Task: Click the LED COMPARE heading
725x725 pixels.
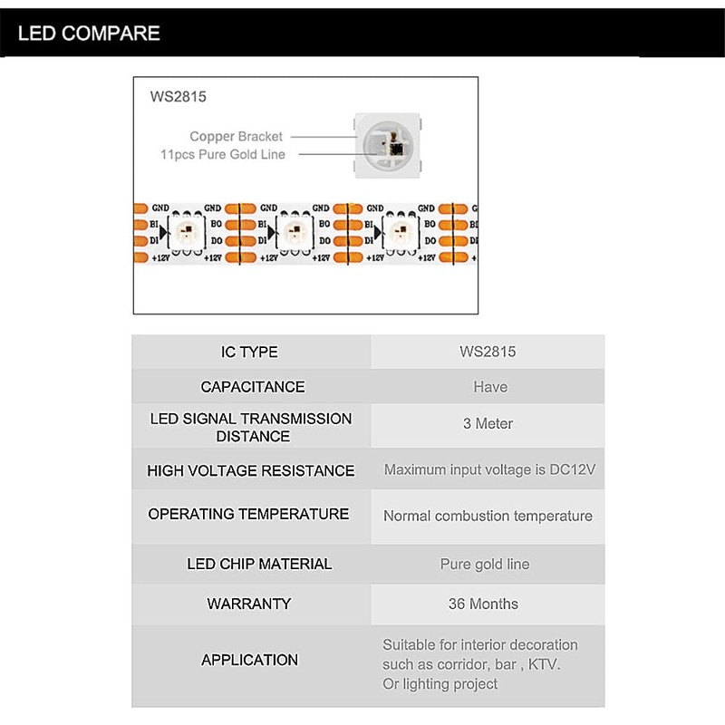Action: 89,34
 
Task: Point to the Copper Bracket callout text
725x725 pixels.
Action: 236,137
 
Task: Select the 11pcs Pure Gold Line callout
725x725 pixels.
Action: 222,155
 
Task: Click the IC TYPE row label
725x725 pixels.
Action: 249,352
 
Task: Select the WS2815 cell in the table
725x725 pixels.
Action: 488,352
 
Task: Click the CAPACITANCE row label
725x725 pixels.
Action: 252,387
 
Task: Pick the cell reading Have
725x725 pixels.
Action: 489,387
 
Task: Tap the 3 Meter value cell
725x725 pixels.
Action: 488,423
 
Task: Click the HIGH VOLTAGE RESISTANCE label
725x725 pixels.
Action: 250,471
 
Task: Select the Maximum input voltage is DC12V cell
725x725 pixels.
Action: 488,470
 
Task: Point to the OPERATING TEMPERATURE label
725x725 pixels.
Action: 248,514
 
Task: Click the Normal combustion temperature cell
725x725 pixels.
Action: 488,517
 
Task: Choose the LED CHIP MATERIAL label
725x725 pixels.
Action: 259,564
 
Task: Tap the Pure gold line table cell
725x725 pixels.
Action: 484,564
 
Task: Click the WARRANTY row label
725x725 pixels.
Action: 248,604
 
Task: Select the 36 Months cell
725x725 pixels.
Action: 483,604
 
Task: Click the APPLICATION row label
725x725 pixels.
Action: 249,660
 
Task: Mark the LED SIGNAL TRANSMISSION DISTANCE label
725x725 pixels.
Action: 251,427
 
